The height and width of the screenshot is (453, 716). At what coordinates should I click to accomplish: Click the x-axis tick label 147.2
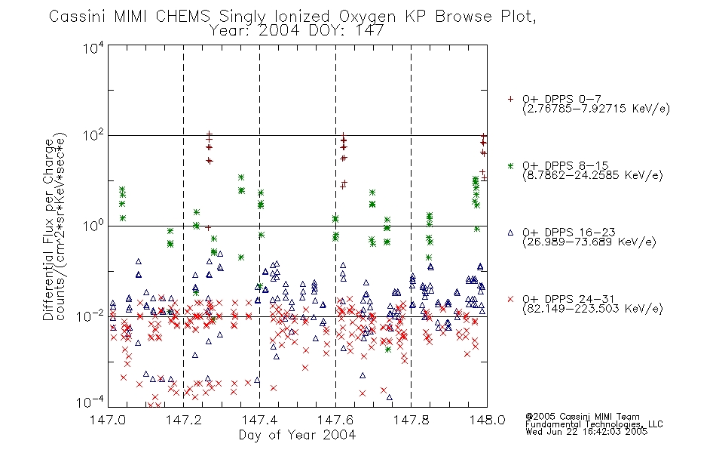(x=184, y=420)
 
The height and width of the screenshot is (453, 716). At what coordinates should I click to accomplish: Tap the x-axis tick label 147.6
(x=335, y=420)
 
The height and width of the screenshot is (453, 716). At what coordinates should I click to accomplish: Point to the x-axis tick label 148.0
(x=487, y=420)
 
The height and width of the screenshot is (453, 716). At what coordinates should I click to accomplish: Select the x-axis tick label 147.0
(x=108, y=420)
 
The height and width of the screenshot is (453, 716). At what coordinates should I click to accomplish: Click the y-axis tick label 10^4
(x=93, y=48)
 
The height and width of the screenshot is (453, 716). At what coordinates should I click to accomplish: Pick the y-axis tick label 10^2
(x=93, y=136)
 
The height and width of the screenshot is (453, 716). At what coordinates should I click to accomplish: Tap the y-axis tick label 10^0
(x=93, y=226)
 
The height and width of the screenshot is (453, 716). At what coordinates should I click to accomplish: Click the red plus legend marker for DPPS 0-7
(x=510, y=99)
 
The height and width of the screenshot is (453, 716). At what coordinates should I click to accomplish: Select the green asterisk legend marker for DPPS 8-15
(x=510, y=166)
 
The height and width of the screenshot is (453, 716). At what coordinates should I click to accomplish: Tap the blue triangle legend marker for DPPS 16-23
(x=510, y=233)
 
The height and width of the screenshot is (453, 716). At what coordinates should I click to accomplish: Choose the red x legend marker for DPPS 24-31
(x=510, y=299)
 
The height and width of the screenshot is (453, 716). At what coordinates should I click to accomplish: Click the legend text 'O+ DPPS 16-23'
(x=569, y=232)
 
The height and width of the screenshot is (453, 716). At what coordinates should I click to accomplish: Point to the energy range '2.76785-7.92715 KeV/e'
(x=596, y=109)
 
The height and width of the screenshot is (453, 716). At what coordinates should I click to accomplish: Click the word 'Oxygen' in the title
(x=367, y=17)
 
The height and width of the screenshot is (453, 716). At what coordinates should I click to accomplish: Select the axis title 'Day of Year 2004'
(x=297, y=435)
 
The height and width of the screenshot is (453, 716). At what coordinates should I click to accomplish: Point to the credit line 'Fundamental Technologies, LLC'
(x=594, y=424)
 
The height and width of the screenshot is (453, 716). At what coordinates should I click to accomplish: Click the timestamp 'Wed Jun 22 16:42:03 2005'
(x=586, y=432)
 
